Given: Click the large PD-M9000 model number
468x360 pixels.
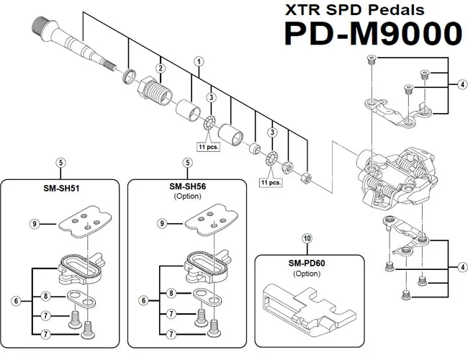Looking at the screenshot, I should (x=372, y=35).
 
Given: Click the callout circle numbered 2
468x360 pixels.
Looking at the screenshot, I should (x=161, y=68).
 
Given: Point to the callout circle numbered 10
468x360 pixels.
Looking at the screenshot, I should (x=307, y=238).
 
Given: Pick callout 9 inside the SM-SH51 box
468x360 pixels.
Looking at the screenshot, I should (x=34, y=225).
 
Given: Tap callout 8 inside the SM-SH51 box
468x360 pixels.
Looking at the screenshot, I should (x=46, y=296).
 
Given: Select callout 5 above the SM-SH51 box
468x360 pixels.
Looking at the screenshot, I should (x=61, y=163).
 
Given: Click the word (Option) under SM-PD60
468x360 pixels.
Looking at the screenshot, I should (x=306, y=274).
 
